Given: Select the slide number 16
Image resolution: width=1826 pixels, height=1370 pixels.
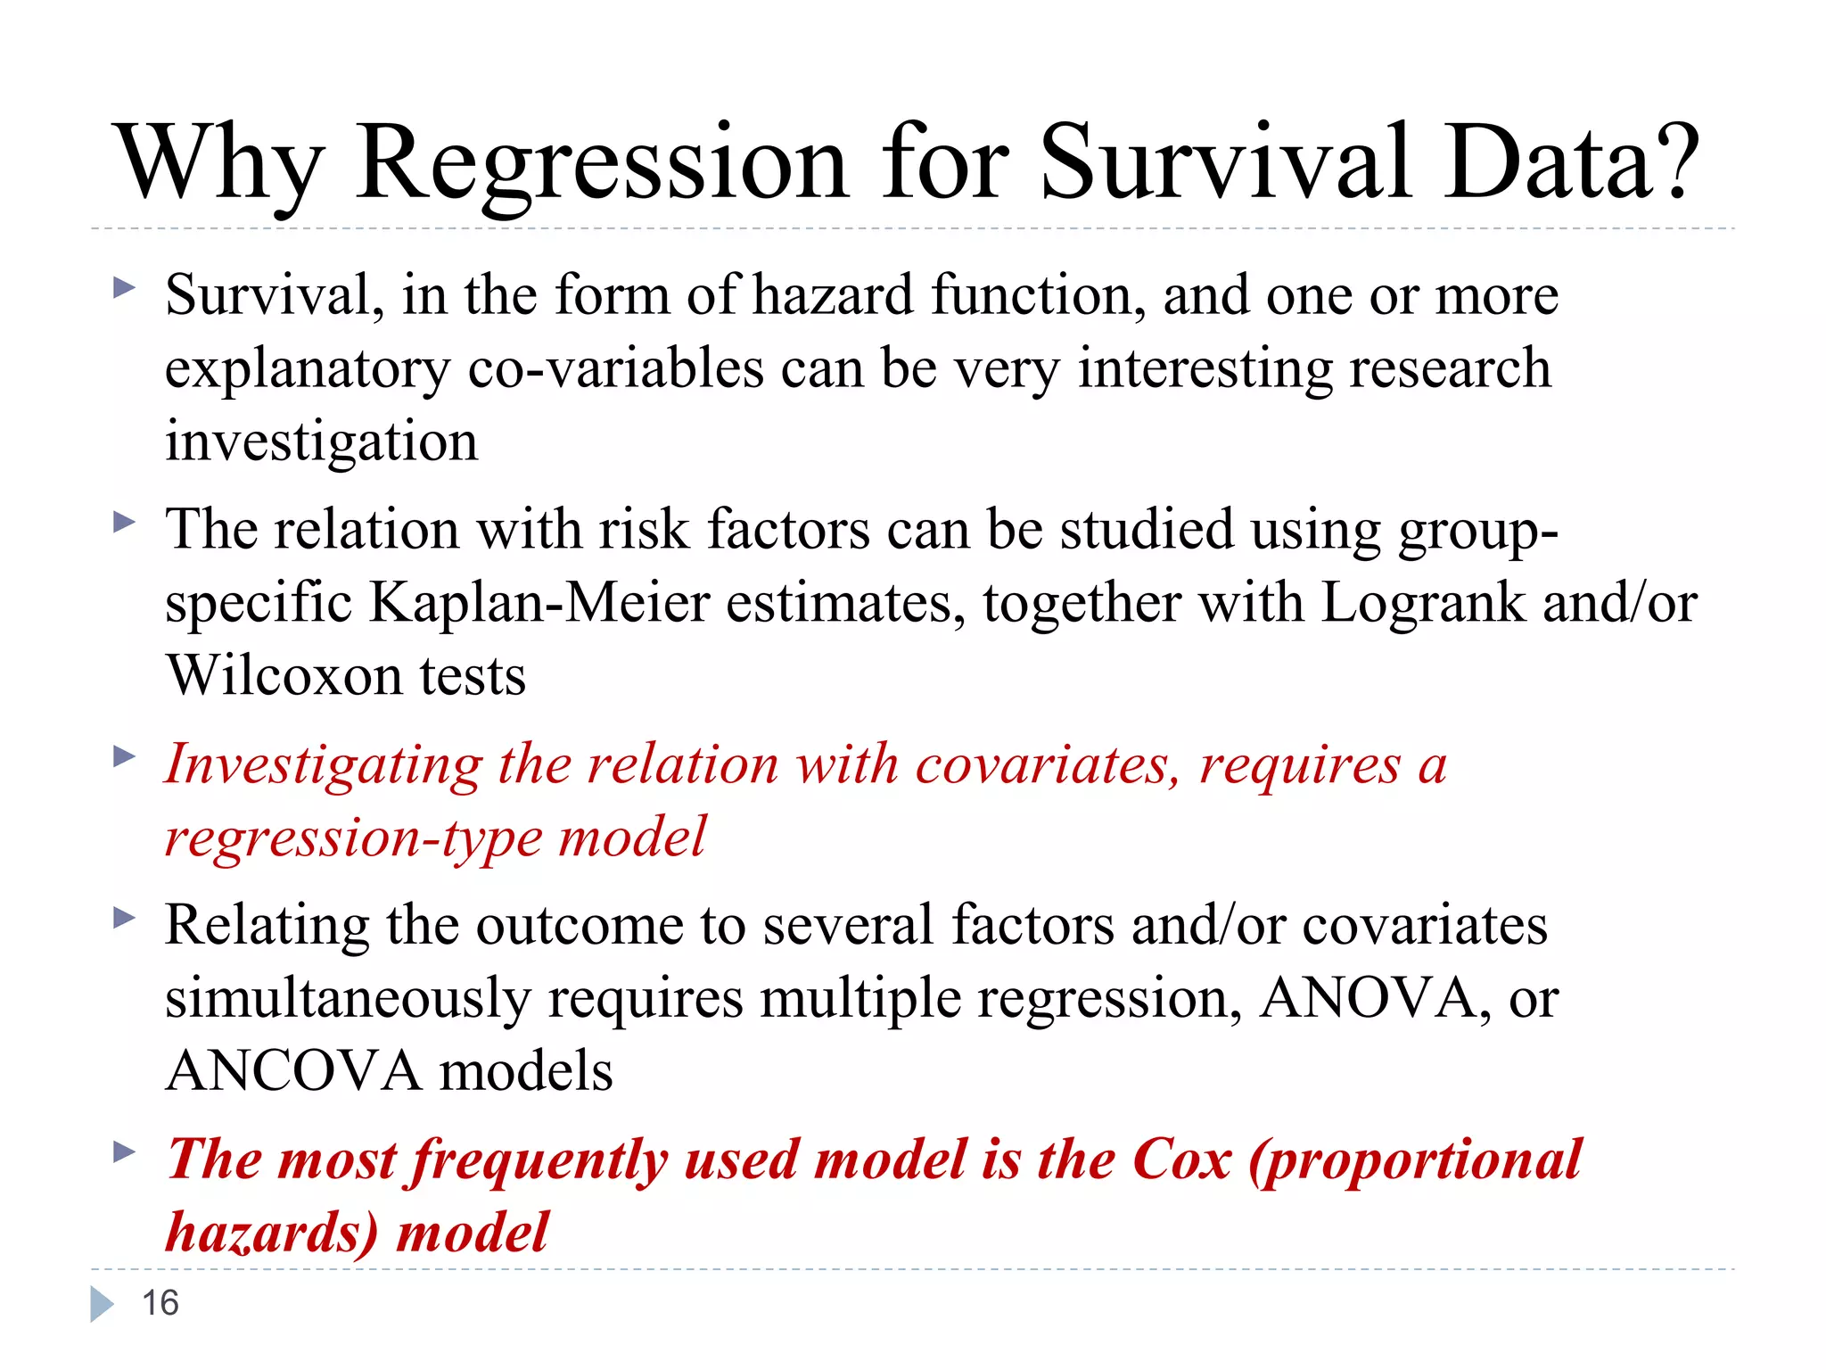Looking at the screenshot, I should [160, 1303].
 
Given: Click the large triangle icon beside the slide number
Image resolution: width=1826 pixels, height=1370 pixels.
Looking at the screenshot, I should [102, 1304].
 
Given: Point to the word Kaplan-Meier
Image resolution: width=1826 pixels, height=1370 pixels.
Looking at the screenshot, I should [539, 603].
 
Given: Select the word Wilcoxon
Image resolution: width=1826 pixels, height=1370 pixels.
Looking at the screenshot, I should [284, 675].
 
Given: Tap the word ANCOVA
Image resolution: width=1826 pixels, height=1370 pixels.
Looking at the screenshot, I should [293, 1070].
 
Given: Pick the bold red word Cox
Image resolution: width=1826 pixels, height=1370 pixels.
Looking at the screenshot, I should [1181, 1160].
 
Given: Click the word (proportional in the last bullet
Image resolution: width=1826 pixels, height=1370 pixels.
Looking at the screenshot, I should [1415, 1160].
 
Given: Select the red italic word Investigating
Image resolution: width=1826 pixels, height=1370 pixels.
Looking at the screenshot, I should [324, 765].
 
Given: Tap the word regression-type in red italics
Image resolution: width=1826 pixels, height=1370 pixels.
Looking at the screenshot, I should [354, 838].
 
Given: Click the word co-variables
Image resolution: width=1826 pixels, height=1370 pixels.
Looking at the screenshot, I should [616, 368].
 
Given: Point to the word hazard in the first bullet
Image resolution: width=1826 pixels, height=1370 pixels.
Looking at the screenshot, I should [833, 295].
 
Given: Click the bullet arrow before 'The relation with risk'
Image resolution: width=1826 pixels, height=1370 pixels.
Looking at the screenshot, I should [124, 522].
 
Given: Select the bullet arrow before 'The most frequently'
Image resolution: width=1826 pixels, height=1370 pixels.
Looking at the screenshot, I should [124, 1151].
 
